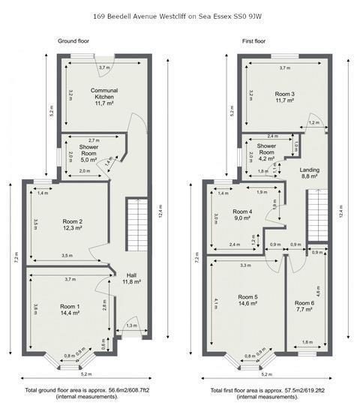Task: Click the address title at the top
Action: pos(179,14)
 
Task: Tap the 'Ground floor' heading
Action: pos(75,41)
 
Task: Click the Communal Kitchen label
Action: pos(103,94)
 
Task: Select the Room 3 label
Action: pos(283,94)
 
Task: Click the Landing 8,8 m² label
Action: pos(309,173)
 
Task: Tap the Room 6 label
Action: pos(305,302)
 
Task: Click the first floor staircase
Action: pos(315,214)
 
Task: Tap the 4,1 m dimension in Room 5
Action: pos(216,304)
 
